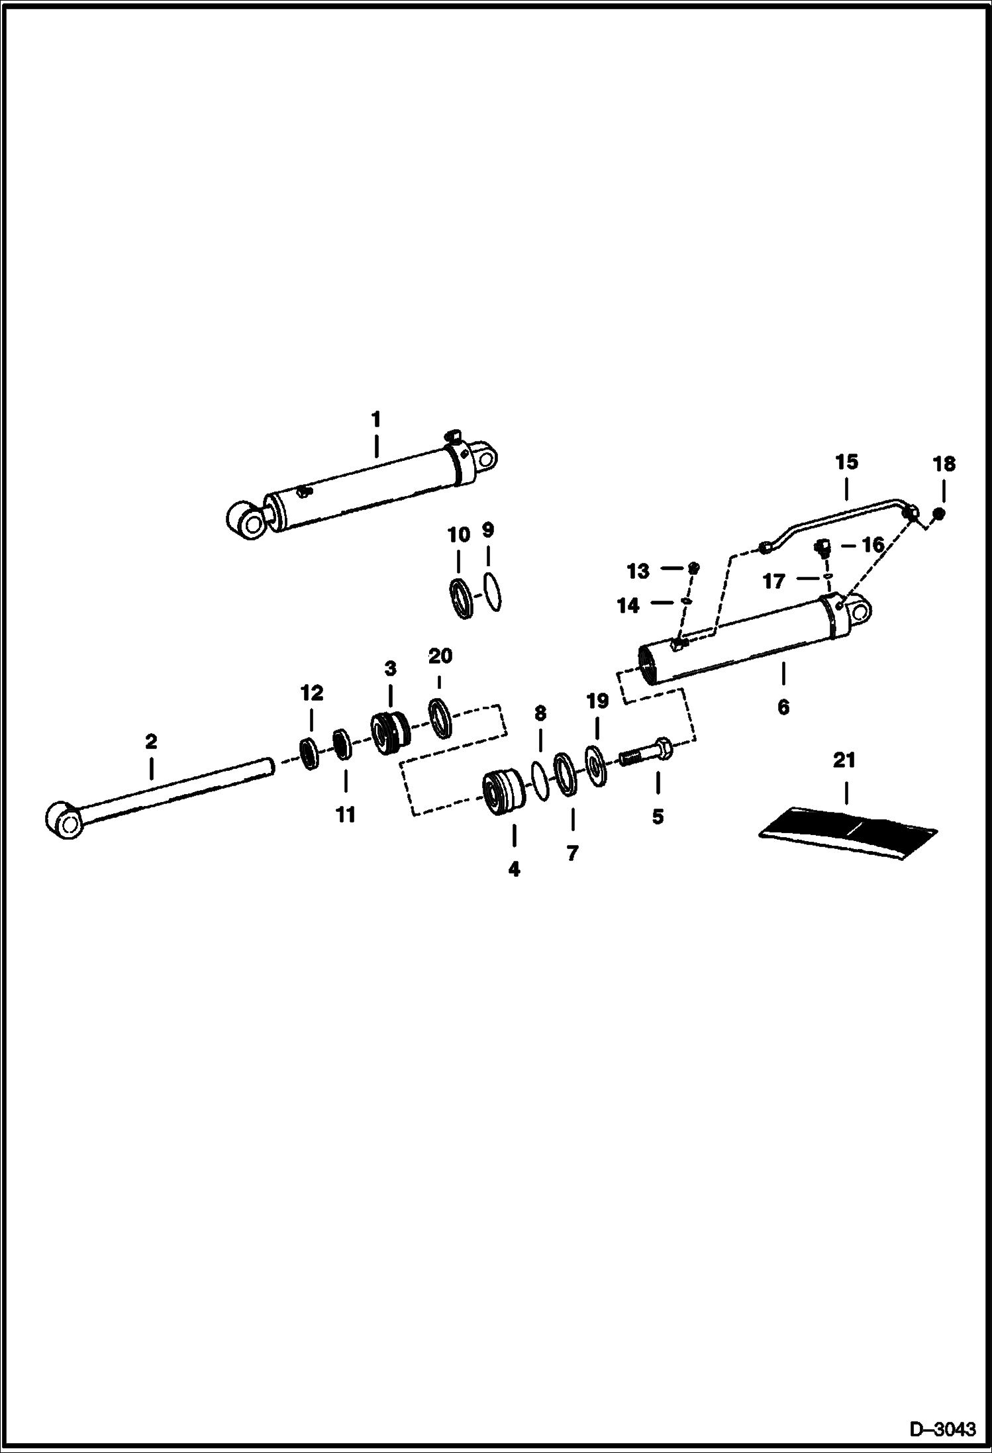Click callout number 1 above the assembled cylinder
click(x=375, y=419)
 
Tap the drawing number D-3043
click(x=943, y=1429)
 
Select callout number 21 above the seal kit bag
click(x=844, y=760)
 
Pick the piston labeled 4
click(x=503, y=793)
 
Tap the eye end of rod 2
click(x=65, y=821)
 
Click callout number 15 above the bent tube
click(x=846, y=462)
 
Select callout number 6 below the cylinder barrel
click(x=783, y=707)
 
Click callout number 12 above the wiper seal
click(x=311, y=693)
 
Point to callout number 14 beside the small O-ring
click(x=628, y=605)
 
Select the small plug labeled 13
click(x=693, y=568)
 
